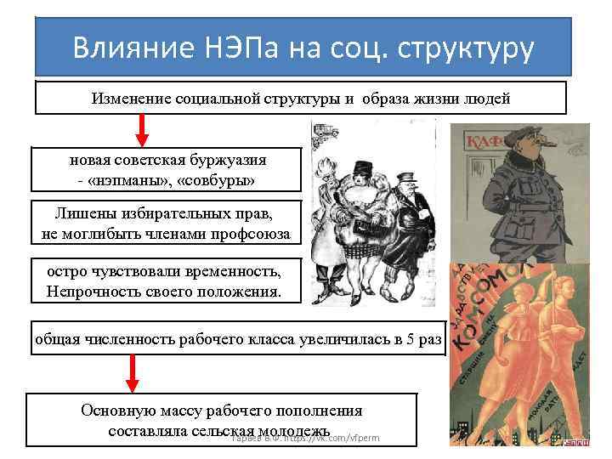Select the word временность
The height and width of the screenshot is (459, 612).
[x=229, y=272]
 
